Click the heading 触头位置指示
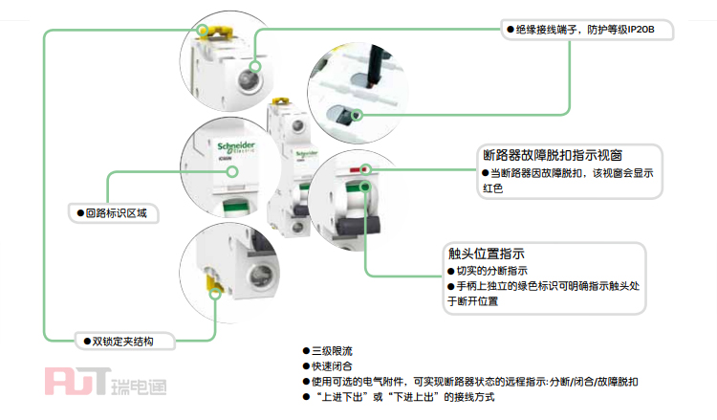point(486,254)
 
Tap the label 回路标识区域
point(116,212)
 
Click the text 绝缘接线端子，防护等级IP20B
point(585,31)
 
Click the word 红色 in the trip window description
point(491,188)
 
